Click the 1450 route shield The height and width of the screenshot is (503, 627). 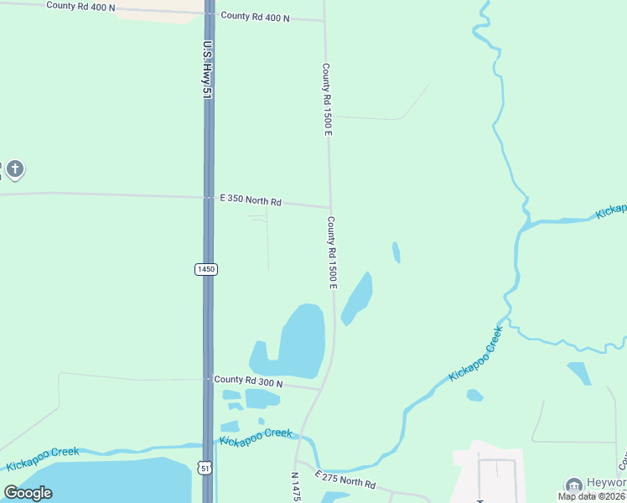[205, 269]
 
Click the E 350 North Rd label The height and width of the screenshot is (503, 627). [250, 200]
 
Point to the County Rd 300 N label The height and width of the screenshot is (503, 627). [248, 381]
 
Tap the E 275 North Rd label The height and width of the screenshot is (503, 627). [345, 480]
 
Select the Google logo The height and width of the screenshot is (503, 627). [28, 493]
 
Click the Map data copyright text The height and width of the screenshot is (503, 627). [591, 496]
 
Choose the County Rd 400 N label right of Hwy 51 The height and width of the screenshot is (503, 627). [255, 17]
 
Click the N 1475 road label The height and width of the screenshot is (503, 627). [295, 487]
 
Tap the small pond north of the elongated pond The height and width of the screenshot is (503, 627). [396, 251]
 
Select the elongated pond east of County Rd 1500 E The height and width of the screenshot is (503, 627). [358, 298]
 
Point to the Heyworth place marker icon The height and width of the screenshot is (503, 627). [574, 485]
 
